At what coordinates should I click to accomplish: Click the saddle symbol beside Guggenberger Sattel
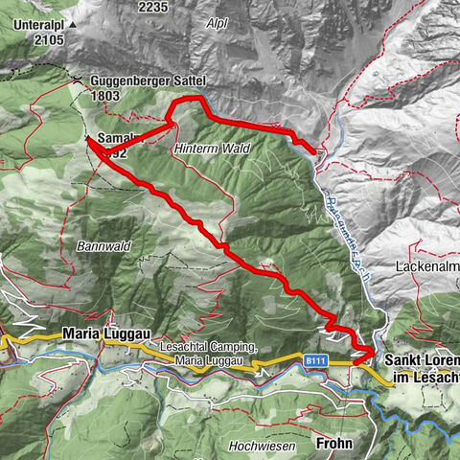point(75,77)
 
